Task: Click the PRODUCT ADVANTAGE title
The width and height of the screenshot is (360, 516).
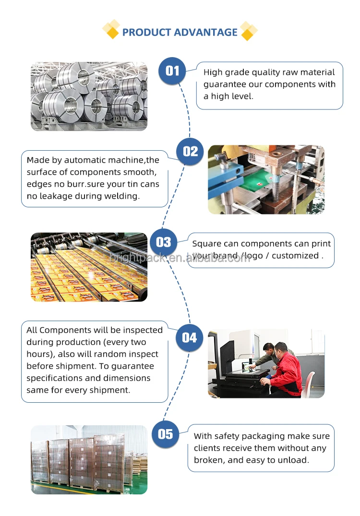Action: tap(180, 32)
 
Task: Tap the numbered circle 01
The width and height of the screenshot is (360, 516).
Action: tap(172, 71)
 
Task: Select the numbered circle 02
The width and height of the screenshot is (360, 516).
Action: tap(190, 152)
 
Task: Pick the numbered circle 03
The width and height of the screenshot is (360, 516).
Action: tap(163, 242)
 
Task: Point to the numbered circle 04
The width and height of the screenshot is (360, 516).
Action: tap(189, 338)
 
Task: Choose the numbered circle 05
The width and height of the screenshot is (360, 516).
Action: tap(165, 434)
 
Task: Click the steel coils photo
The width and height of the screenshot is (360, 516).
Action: tap(89, 96)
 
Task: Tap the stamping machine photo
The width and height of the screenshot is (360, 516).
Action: tap(266, 180)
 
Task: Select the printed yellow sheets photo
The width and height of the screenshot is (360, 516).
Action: tap(89, 267)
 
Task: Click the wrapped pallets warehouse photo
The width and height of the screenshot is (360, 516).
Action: tap(89, 459)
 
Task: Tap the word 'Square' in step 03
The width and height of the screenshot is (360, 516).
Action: tap(205, 244)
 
